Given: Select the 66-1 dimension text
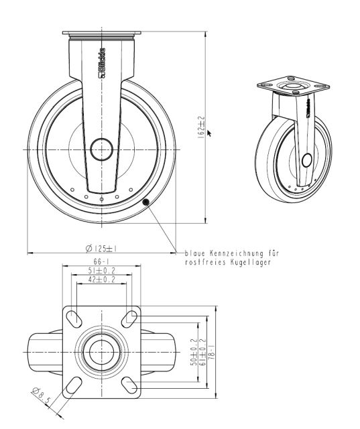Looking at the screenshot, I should (101, 261).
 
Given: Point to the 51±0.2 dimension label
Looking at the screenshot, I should (101, 270).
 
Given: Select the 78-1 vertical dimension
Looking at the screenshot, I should (212, 352).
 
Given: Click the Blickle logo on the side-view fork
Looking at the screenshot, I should (103, 62).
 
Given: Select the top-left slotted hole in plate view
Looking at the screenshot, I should (76, 316).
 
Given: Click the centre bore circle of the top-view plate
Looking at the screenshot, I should (102, 351).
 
